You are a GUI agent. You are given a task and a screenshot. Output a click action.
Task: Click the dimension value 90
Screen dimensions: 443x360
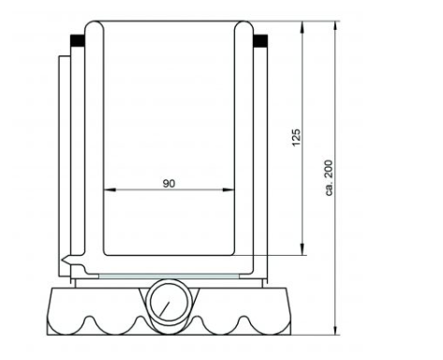[x=169, y=184]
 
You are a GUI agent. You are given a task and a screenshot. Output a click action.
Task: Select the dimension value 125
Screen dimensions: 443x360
[x=296, y=137]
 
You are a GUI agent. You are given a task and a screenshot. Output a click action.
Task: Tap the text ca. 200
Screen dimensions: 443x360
[x=329, y=178]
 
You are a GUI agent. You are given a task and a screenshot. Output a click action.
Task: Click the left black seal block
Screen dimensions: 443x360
[x=78, y=40]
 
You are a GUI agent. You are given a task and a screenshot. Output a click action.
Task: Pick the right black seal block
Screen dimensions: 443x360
[x=260, y=40]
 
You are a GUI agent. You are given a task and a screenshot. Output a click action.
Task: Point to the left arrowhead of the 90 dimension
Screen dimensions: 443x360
[x=110, y=189]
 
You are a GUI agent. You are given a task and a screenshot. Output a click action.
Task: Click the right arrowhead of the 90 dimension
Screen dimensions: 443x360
[x=229, y=189]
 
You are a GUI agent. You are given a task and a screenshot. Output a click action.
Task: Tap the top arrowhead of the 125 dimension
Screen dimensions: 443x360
[x=302, y=27]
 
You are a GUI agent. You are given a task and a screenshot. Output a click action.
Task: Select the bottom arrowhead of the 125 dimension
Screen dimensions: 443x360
[x=302, y=249]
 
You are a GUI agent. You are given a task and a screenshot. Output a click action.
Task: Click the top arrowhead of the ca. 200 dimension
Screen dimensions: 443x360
[x=335, y=27]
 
